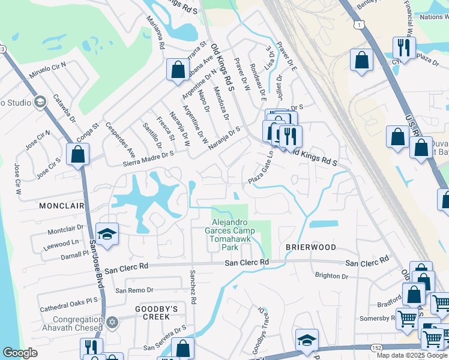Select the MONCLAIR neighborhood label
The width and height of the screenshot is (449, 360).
[x=61, y=205]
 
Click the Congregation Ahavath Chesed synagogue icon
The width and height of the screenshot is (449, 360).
[x=110, y=323]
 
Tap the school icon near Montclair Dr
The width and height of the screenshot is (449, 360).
[x=106, y=235]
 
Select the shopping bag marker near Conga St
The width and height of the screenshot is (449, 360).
[x=78, y=154]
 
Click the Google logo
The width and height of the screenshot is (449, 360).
[x=20, y=353]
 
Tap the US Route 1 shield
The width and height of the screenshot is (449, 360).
[x=358, y=25]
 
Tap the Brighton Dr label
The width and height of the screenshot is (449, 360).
[x=331, y=276]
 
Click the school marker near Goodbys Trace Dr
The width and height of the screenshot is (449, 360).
[x=306, y=340]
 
